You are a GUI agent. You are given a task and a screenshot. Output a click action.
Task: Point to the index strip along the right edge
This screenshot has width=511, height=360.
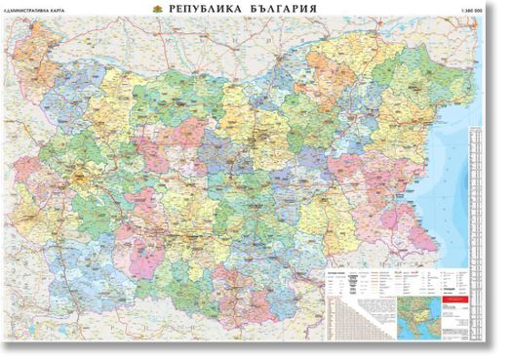pos(477,195)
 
